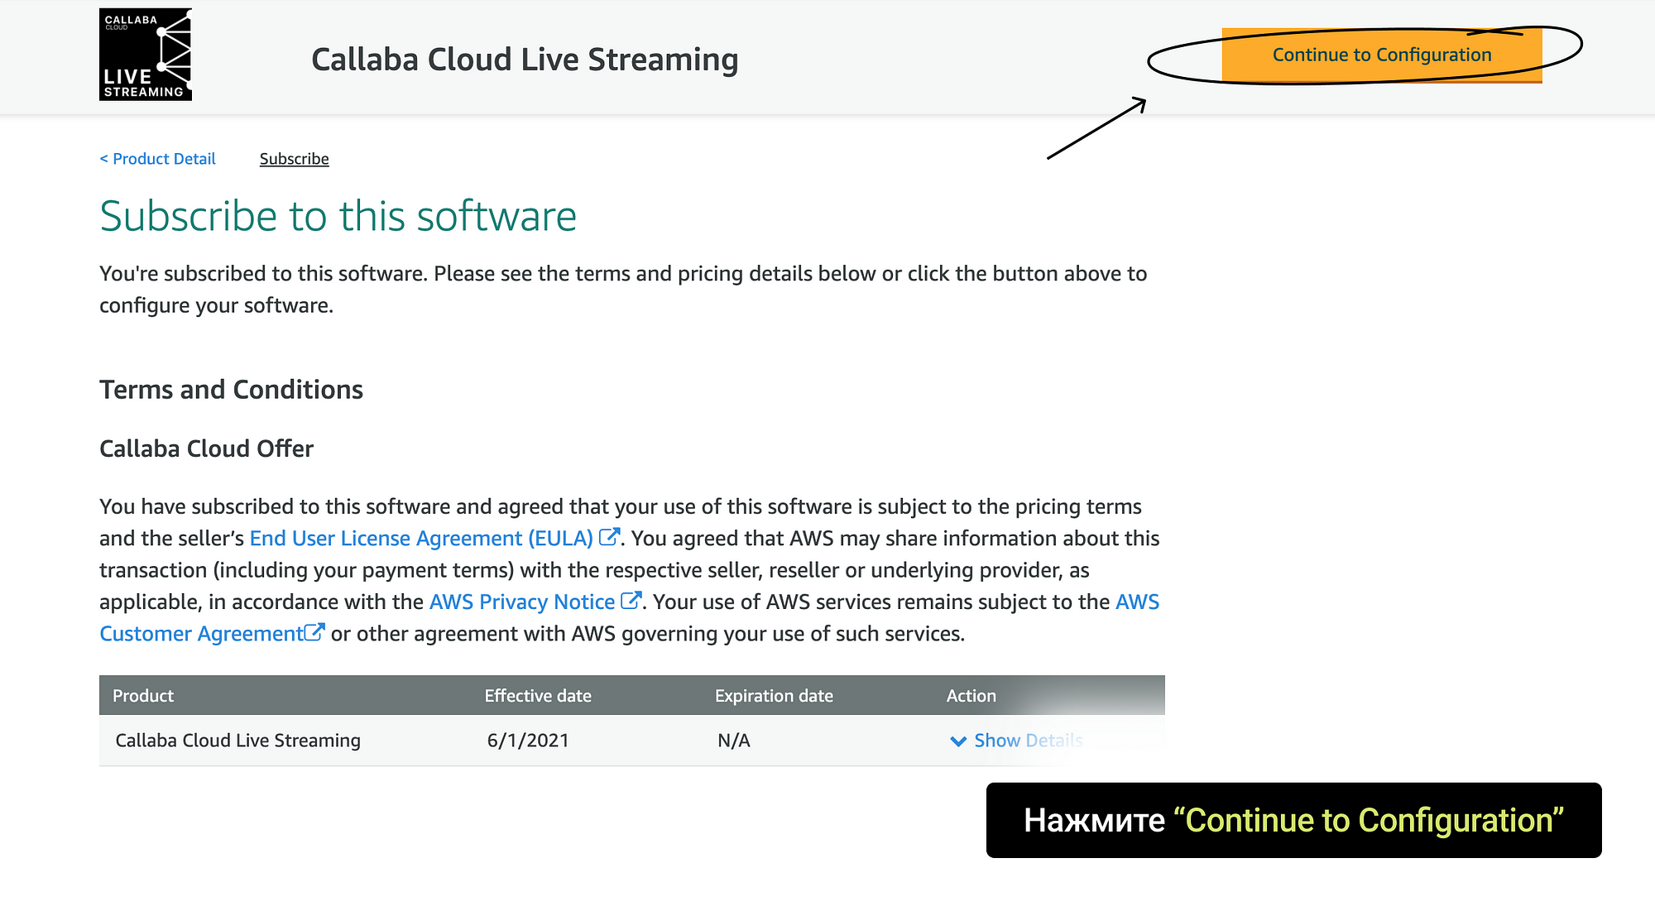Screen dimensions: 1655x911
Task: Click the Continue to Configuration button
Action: tap(1382, 55)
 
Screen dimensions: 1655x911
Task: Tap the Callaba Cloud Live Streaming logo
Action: tap(146, 55)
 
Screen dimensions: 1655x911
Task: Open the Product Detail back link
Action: tap(157, 159)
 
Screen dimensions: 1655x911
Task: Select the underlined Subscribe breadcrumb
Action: tap(294, 159)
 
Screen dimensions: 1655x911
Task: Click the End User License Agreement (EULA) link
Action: tap(421, 539)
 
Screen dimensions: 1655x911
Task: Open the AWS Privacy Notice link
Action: tap(522, 602)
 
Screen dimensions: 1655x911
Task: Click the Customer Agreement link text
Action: tap(201, 634)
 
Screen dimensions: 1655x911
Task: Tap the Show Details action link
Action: tap(1028, 741)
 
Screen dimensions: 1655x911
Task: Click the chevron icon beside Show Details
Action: tap(958, 741)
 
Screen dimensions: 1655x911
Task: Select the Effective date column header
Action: tap(538, 696)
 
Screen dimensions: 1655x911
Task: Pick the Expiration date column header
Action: tap(774, 696)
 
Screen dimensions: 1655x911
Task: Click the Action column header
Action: tap(971, 696)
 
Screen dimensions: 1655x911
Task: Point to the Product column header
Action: tap(143, 696)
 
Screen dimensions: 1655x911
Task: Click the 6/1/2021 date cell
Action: tap(528, 741)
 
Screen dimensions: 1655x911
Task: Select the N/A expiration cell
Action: tap(734, 741)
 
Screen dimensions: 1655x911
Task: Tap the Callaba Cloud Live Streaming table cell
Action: tap(238, 741)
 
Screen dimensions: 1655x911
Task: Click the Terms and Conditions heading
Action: tap(231, 390)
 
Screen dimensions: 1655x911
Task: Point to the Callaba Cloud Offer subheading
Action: tap(206, 448)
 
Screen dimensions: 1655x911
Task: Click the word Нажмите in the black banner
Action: tap(1094, 821)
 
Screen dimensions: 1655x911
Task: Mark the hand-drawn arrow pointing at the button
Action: tap(1096, 128)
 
